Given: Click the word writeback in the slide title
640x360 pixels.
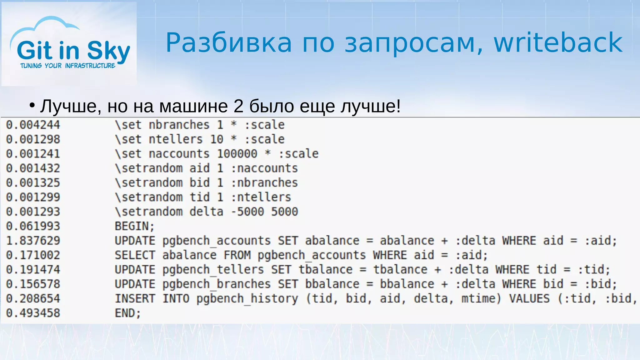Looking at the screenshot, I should pos(558,42).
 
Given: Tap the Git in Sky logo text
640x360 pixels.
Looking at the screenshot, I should pos(73,51).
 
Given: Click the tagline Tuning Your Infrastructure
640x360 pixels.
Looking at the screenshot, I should pos(68,66).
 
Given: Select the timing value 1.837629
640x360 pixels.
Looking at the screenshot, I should pos(33,241).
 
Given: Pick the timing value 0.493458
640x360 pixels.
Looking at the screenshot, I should pos(33,313).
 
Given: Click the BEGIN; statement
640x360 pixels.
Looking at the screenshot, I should pos(135,226).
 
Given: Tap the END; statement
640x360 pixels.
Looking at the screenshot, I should pos(128,313).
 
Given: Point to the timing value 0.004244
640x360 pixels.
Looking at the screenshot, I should pos(33,125).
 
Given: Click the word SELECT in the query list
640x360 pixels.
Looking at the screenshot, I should pos(135,255).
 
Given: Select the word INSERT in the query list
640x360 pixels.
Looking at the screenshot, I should pos(135,298).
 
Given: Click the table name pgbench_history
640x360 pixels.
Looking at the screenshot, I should pos(247,298).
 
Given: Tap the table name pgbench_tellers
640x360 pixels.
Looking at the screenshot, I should pos(213,269).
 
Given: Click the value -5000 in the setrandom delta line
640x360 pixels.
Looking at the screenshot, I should pos(247,212).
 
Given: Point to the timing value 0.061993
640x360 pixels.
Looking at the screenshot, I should pos(33,226).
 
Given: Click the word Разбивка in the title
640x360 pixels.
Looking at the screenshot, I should pos(228,42).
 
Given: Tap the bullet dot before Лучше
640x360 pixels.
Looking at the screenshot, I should pos(32,105).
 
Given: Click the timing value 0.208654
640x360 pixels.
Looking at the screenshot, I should pos(33,298).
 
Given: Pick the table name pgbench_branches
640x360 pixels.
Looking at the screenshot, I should pos(217,284).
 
